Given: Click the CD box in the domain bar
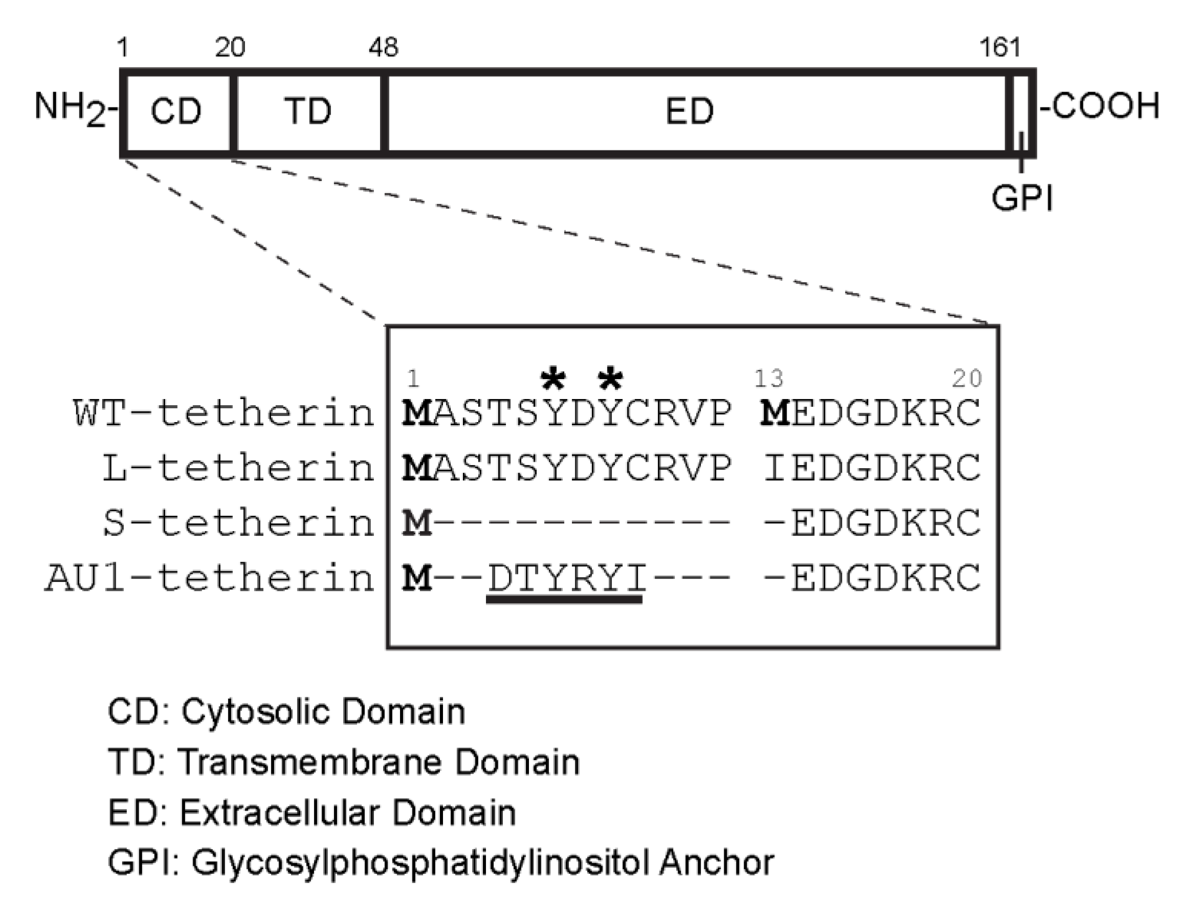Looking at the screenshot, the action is point(176,112).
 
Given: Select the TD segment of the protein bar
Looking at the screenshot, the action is point(308,112).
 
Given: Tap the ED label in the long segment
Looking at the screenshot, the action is point(689,112).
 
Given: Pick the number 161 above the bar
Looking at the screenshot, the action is point(1000,48).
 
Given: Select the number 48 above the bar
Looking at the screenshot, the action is point(383,48).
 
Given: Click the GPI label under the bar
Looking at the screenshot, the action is point(1021,198).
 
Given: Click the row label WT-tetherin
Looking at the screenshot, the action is point(223,414).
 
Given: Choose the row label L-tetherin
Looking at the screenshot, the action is point(238,468).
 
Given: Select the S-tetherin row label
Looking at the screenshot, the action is point(238,523).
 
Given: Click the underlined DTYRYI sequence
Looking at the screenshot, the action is point(566,579).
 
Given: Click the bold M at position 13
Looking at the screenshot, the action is point(774,414).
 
